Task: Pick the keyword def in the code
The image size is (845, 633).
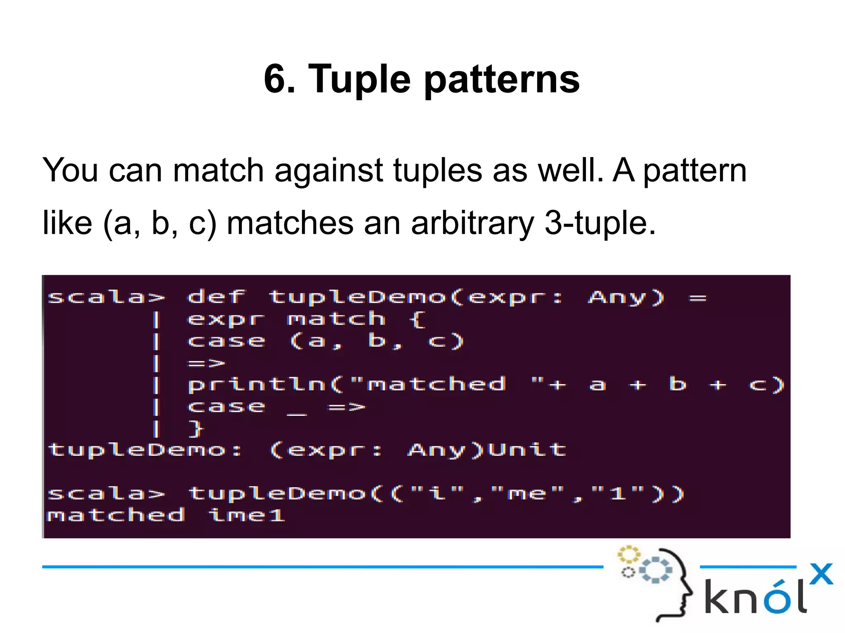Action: tap(216, 297)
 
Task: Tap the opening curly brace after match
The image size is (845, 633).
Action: tap(417, 319)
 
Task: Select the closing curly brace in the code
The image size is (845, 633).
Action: tap(196, 429)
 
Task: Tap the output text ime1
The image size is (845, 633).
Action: tap(247, 515)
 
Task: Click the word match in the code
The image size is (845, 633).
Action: tap(336, 319)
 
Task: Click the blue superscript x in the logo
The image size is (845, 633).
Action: tap(821, 574)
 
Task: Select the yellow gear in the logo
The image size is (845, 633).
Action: tap(628, 555)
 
